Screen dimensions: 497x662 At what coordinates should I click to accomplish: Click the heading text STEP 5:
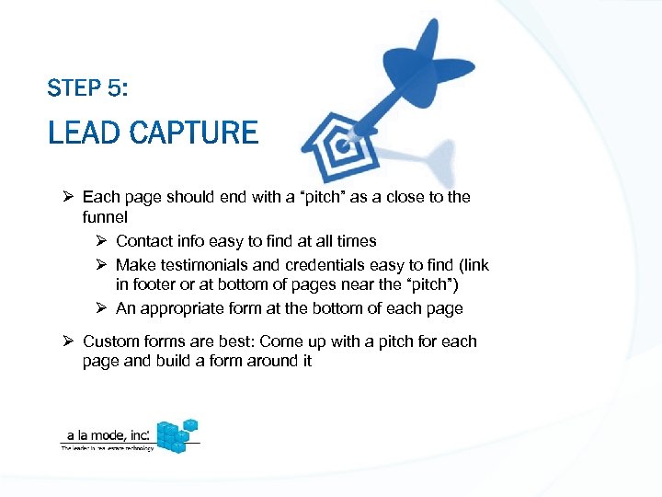(x=87, y=88)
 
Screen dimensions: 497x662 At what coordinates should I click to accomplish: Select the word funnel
(x=105, y=217)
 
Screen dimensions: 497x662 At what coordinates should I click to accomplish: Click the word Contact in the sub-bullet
(x=142, y=241)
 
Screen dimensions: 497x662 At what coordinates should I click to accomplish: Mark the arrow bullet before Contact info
(x=101, y=241)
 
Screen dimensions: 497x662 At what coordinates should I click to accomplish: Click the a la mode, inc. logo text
(x=105, y=435)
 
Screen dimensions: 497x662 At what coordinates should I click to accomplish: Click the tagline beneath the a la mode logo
(x=108, y=448)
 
